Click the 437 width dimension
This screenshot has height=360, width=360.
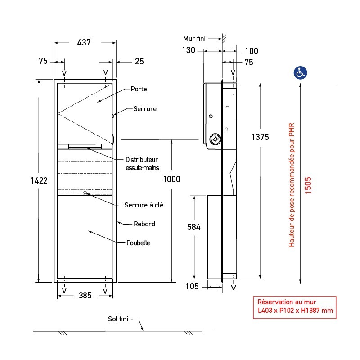[x=84, y=43]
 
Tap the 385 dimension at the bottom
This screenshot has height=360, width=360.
[x=85, y=295]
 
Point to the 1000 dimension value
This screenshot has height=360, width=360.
[x=171, y=180]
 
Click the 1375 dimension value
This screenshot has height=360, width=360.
[x=260, y=137]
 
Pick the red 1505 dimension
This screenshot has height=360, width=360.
[x=308, y=185]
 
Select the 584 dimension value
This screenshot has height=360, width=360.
[x=194, y=227]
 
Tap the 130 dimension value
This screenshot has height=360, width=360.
[x=189, y=50]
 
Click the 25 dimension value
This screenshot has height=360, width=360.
[x=139, y=62]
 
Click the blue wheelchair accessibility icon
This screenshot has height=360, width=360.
[x=301, y=72]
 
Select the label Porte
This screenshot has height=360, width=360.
[x=139, y=89]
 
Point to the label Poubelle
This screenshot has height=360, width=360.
[x=138, y=243]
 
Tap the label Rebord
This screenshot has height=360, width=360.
[x=144, y=224]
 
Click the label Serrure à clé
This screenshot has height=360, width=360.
[x=144, y=205]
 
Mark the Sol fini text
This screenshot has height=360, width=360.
[x=118, y=319]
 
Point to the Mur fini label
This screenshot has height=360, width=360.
[x=194, y=39]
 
